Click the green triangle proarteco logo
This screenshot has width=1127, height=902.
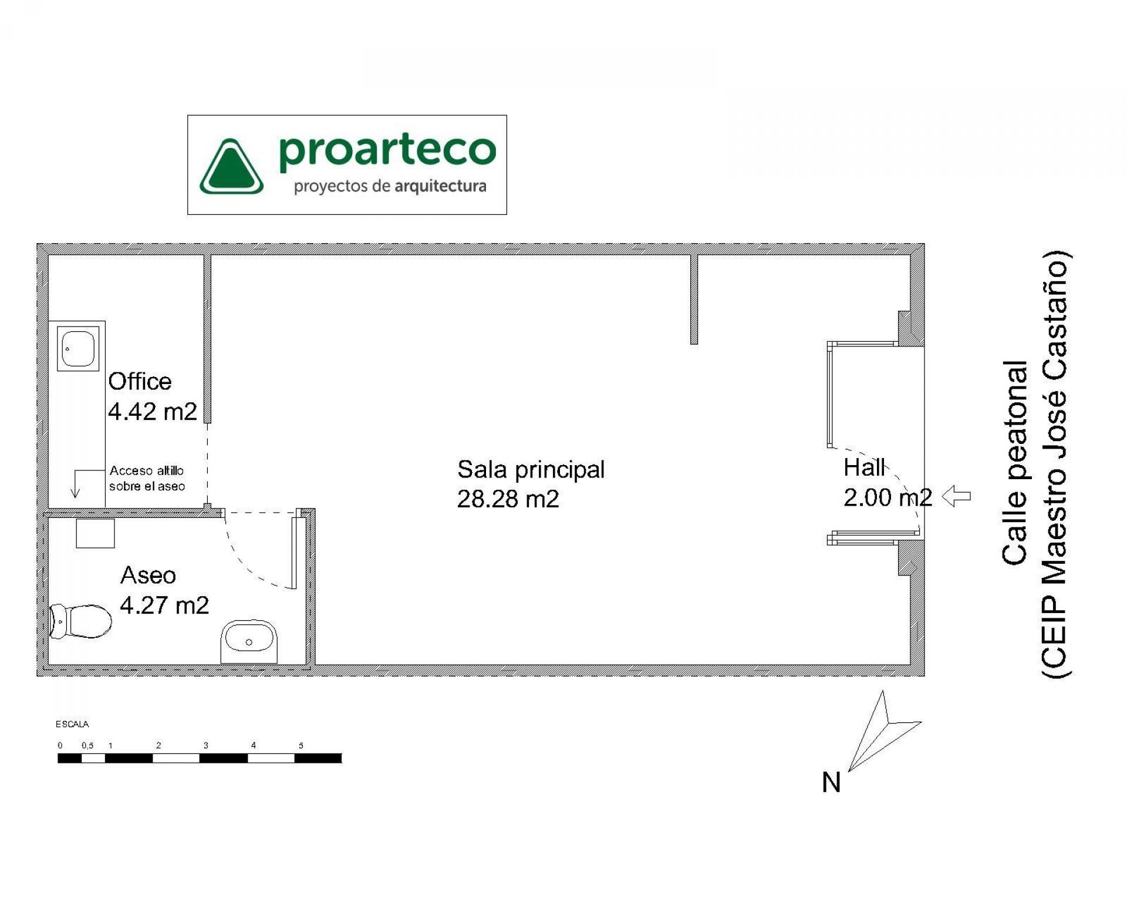point(231,167)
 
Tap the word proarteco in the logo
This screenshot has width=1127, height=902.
point(387,150)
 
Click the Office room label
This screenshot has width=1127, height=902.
point(140,382)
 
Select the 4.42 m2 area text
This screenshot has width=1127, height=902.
point(153,412)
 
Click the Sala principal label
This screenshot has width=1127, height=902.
point(531,469)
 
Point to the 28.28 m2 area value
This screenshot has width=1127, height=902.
point(508,499)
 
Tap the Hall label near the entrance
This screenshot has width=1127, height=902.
point(863,467)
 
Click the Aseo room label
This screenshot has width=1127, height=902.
point(148,575)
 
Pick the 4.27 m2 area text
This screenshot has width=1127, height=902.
point(164,605)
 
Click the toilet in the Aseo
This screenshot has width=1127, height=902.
point(81,621)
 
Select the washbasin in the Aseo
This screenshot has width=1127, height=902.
point(249,640)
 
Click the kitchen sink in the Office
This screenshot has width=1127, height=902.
point(78,348)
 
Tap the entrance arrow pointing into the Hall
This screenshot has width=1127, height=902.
point(956,496)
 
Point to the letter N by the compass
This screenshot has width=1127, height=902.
point(831,783)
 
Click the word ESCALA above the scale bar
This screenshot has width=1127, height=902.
point(72,725)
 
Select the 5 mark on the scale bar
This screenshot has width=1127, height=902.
point(301,746)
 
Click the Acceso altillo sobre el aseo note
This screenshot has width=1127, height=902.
point(147,478)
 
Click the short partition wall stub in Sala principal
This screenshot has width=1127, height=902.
point(694,299)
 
